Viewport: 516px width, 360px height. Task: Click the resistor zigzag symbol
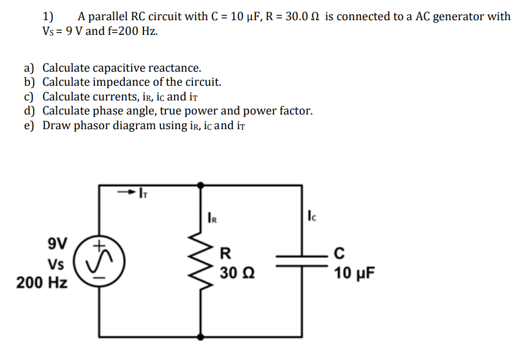(201, 260)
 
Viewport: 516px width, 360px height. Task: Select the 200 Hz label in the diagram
(42, 283)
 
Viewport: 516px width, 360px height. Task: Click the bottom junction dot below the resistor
(201, 336)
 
